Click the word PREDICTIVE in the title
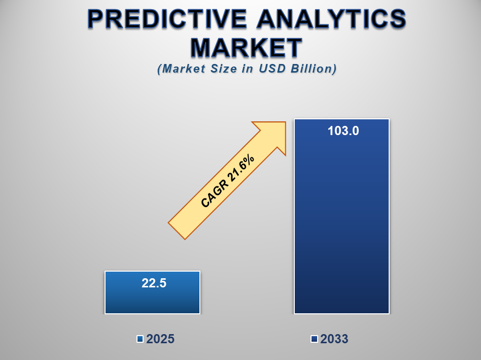click(167, 19)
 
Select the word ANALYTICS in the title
click(332, 19)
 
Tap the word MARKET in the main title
click(246, 48)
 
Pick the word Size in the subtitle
click(224, 69)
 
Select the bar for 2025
click(152, 292)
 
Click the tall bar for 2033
click(342, 216)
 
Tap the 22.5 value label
click(154, 283)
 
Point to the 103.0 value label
click(343, 130)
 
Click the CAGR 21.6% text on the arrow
click(227, 181)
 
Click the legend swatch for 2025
click(140, 339)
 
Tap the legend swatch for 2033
click(314, 339)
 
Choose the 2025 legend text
click(160, 339)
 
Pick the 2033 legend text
click(334, 339)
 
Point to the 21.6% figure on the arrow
click(241, 168)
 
